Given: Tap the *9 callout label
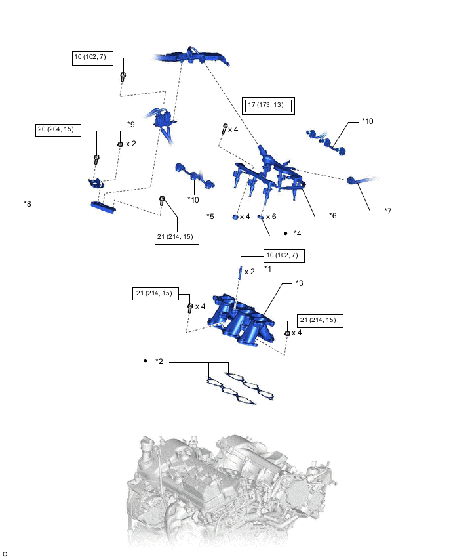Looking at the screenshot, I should click(131, 123).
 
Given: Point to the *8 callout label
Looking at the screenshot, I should click(28, 204).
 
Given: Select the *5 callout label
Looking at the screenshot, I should click(210, 216).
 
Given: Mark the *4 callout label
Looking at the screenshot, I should click(297, 234).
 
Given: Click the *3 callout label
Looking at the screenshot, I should click(299, 283).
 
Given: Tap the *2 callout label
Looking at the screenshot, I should click(159, 362).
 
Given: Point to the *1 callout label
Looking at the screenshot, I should click(267, 269).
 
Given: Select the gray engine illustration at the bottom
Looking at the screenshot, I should click(229, 489).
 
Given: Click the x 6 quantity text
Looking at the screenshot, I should click(271, 217).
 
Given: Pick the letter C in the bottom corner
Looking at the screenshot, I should click(5, 553).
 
